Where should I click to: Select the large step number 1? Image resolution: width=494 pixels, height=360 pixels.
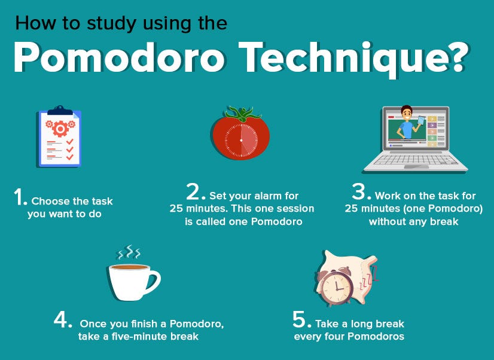click(x=20, y=198)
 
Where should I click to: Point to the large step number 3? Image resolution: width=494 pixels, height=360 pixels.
click(x=361, y=192)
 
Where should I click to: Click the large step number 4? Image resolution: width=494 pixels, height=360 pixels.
click(x=63, y=320)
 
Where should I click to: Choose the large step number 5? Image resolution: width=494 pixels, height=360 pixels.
click(x=301, y=320)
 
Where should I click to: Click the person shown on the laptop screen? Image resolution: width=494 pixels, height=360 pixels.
click(x=407, y=123)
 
